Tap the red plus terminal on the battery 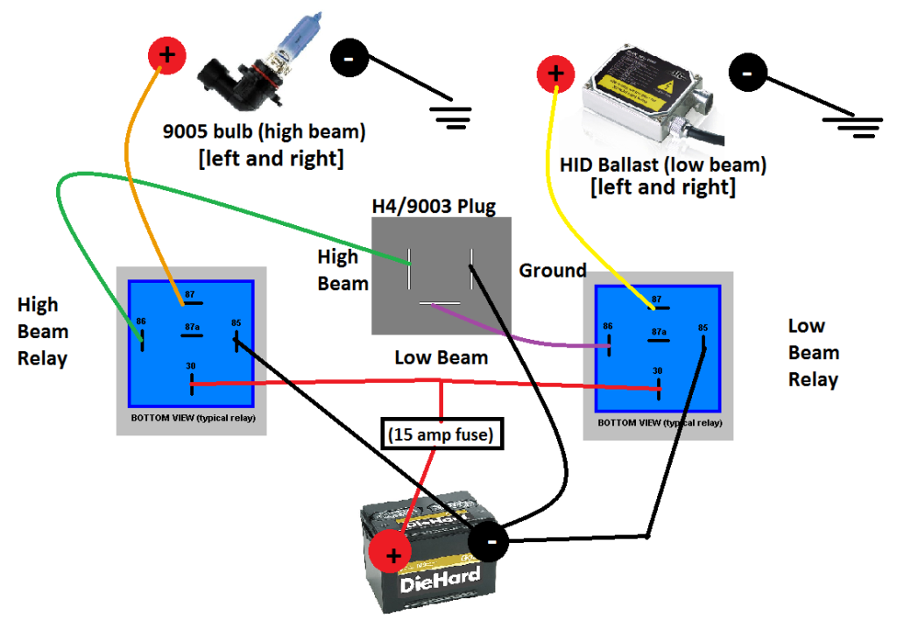392,554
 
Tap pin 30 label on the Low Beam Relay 657,371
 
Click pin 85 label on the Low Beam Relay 703,328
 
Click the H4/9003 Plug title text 434,207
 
